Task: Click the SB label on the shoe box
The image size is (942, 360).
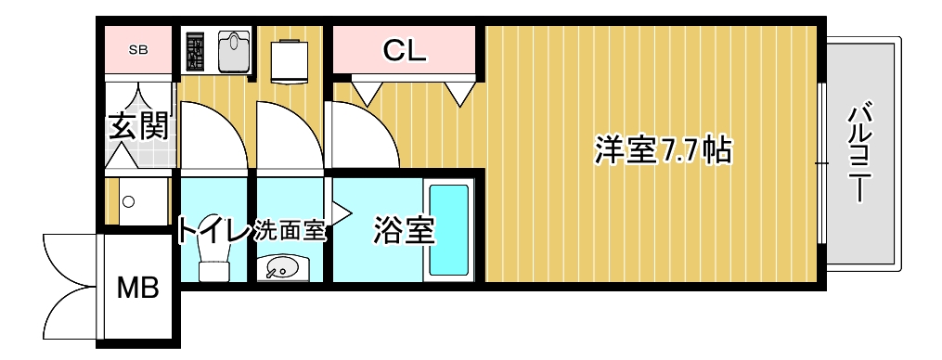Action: (137, 49)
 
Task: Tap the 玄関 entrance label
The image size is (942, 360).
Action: (138, 126)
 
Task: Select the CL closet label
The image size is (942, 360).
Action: (405, 51)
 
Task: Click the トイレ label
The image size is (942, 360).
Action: (213, 230)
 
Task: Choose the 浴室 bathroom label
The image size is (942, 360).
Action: (404, 231)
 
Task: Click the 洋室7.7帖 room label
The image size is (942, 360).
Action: (664, 149)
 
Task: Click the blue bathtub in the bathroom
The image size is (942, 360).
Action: (449, 229)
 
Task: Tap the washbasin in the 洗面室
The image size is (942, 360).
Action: (282, 267)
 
